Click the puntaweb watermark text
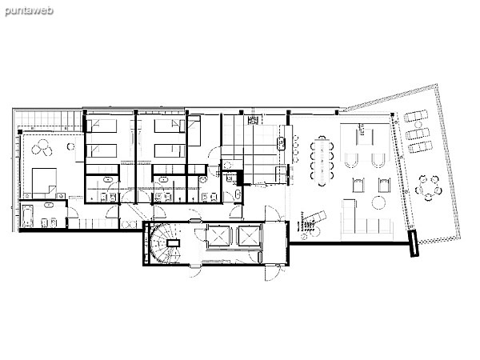[x=29, y=11]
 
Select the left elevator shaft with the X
[x=218, y=236]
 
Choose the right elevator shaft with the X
[x=249, y=236]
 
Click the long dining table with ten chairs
[x=322, y=161]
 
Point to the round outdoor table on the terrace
[x=429, y=188]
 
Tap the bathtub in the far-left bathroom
[x=27, y=215]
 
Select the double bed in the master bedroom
[x=44, y=182]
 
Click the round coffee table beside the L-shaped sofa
[x=379, y=202]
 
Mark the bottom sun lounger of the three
[x=421, y=147]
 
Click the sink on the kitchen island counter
[x=282, y=143]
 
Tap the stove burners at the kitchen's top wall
[x=253, y=120]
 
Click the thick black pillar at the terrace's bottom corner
[x=414, y=244]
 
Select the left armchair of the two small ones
[x=358, y=185]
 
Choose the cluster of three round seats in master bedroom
[x=42, y=147]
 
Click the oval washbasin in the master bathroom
[x=49, y=205]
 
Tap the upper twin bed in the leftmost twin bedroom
[x=102, y=126]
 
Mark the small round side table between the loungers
[x=418, y=125]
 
